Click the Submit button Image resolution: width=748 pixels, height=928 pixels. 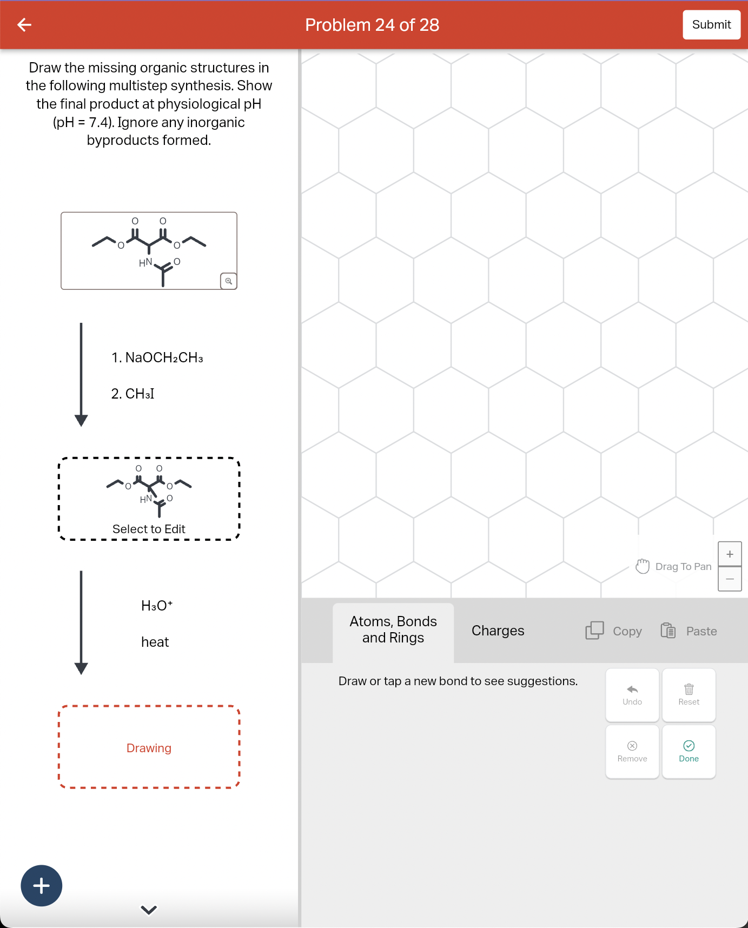[x=711, y=25]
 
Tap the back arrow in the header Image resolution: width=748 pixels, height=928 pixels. [x=24, y=25]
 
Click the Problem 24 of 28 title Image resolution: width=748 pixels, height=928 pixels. [x=372, y=25]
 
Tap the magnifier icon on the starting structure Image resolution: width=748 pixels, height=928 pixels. [x=228, y=281]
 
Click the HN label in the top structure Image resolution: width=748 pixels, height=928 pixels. [x=145, y=263]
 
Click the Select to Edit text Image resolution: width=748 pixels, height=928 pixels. [x=149, y=529]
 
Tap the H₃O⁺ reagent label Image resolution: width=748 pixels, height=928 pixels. [x=157, y=606]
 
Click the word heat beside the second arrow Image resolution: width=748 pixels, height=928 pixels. [x=155, y=642]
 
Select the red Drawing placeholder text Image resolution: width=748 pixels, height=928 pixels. [x=149, y=748]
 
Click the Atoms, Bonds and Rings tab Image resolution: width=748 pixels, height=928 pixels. [x=393, y=630]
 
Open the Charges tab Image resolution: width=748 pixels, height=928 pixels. [x=498, y=631]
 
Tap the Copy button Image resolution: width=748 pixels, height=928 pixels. [x=614, y=631]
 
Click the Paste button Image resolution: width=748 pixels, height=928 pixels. [x=689, y=631]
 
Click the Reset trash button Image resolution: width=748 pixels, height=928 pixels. [x=689, y=695]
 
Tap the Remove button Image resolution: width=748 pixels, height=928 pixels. [x=632, y=752]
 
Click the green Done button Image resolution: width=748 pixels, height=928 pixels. [x=689, y=752]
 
